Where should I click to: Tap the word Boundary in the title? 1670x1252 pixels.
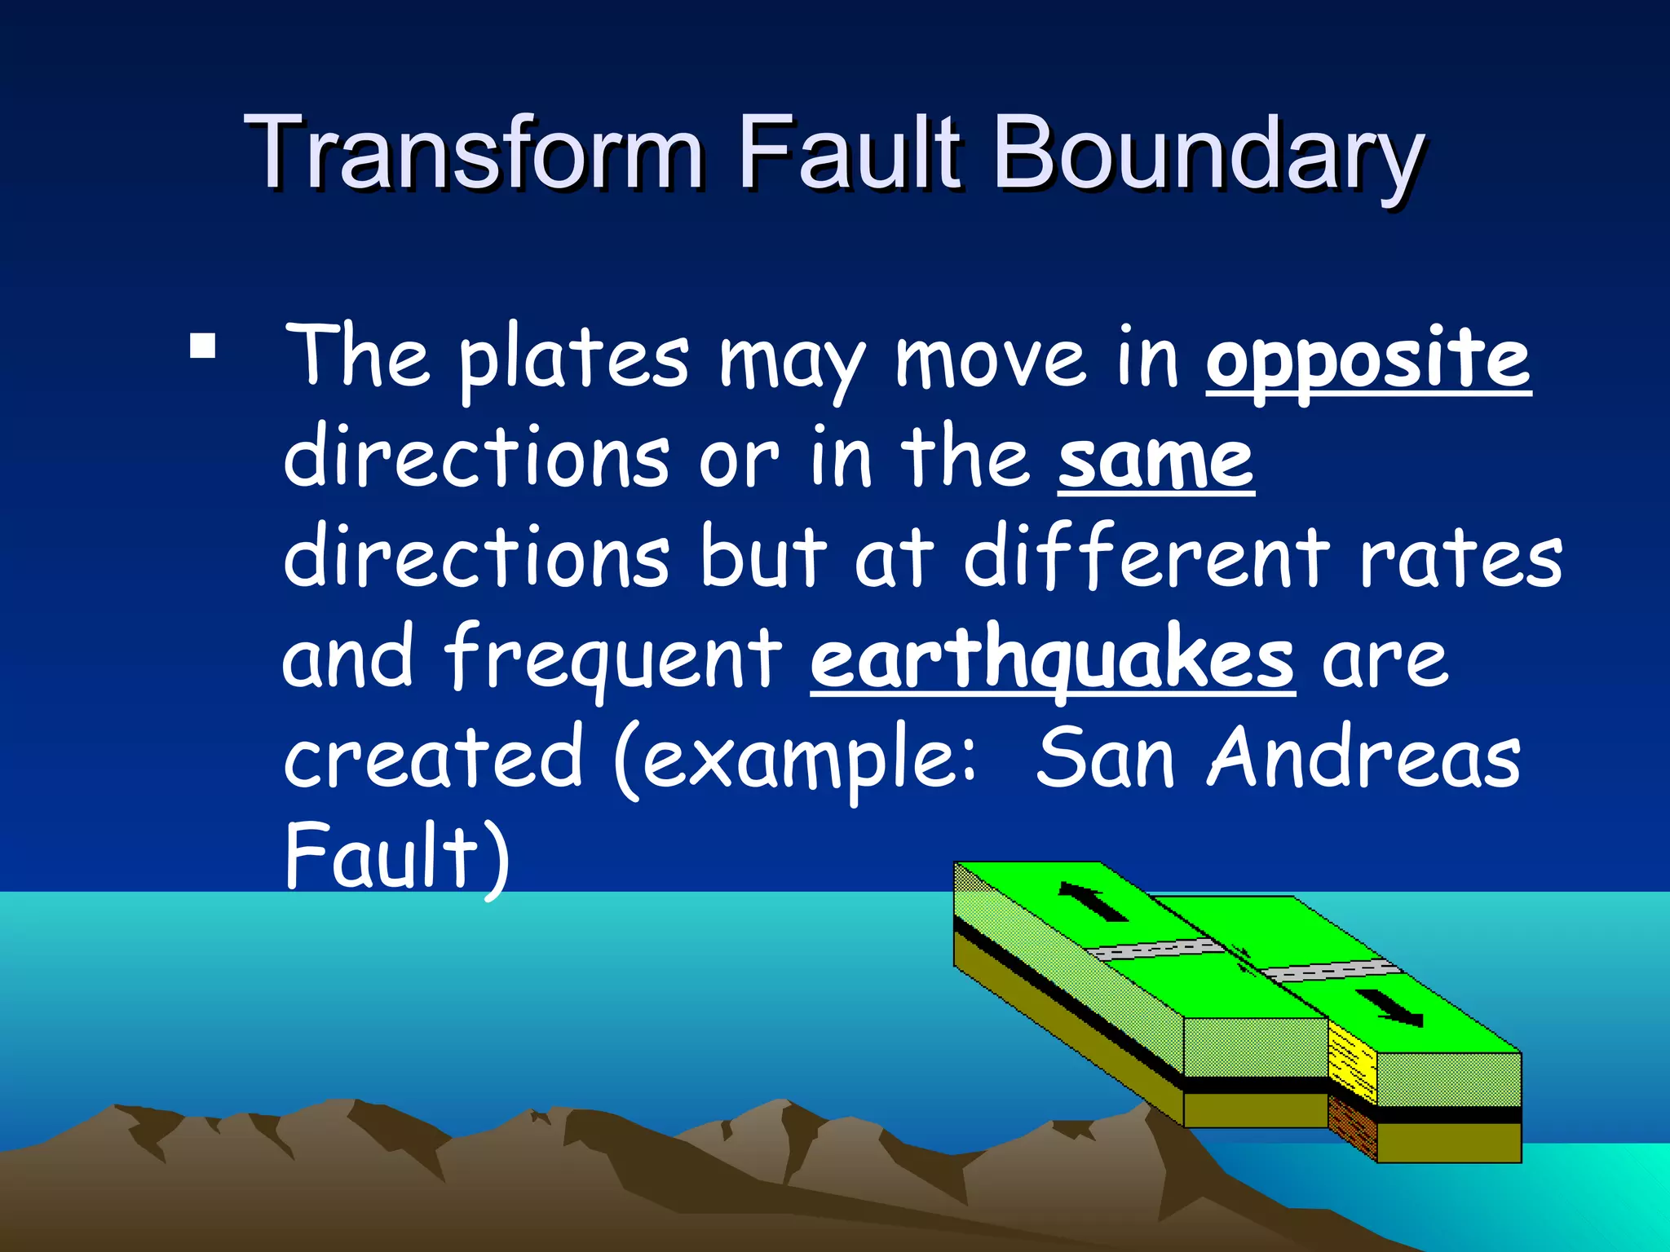1207,155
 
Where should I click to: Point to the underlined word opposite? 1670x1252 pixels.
1367,359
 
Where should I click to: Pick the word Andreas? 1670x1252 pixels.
1364,758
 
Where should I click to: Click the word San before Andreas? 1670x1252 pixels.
1105,758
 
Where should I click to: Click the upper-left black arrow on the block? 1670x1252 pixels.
1092,902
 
